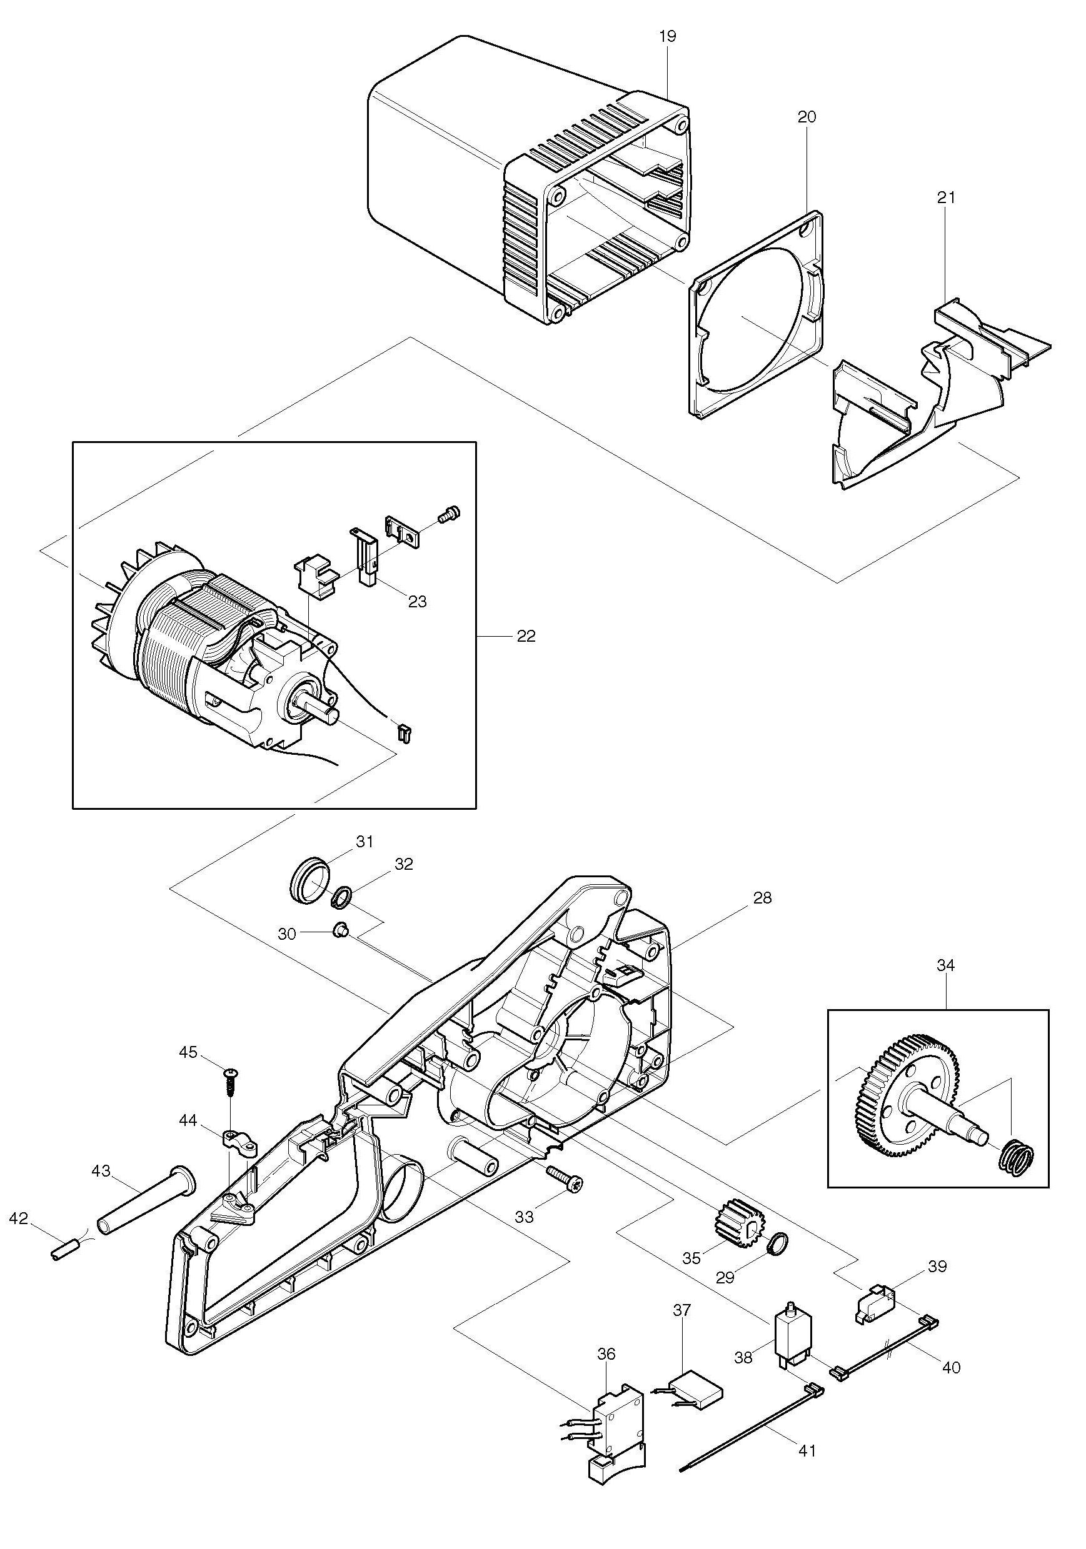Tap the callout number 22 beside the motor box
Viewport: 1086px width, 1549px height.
coord(526,636)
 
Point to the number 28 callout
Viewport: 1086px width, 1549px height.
coord(762,898)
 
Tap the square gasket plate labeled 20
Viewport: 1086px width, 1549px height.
coord(756,315)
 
